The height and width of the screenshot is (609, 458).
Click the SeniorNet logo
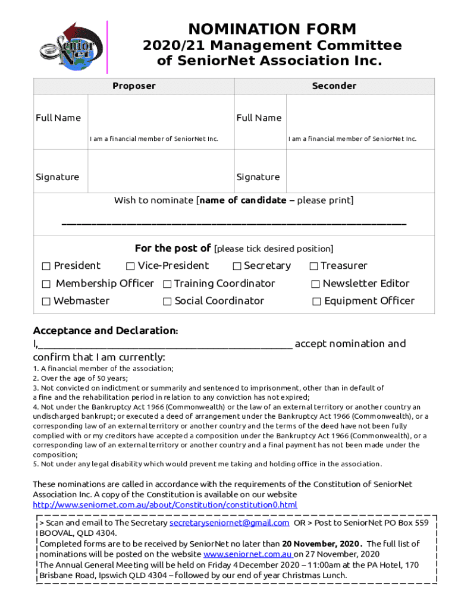click(67, 46)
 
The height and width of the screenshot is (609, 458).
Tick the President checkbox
click(46, 266)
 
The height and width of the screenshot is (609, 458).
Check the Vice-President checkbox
click(130, 266)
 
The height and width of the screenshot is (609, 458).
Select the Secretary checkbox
click(237, 266)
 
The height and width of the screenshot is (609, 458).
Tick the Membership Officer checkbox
click(46, 284)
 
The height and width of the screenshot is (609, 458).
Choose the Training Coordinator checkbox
click(167, 284)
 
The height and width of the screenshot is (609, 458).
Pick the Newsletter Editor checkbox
click(316, 284)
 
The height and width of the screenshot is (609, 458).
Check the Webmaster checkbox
click(46, 301)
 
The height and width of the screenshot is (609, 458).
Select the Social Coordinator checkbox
click(167, 301)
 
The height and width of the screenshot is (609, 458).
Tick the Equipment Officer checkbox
click(316, 301)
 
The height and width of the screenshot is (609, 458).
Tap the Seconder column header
click(334, 86)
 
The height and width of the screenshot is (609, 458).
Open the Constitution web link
click(165, 505)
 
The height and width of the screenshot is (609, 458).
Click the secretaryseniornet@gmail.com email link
click(230, 523)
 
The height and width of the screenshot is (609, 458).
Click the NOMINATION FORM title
click(272, 29)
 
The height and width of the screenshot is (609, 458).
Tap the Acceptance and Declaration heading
click(105, 330)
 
